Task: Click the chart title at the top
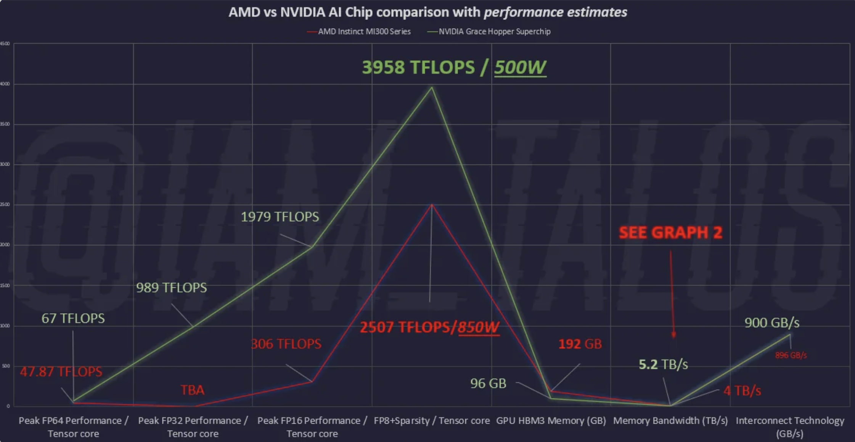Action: (427, 12)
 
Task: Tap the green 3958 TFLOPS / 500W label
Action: (454, 68)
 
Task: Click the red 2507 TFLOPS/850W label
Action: (429, 327)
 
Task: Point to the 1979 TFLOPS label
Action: (280, 217)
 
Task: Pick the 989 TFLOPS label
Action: (171, 287)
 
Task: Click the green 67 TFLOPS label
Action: (73, 318)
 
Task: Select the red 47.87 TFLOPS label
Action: (61, 372)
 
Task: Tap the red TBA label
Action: (192, 390)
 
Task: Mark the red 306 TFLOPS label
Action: (286, 344)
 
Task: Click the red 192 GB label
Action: (580, 344)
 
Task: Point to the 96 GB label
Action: (488, 383)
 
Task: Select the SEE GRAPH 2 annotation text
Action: (670, 232)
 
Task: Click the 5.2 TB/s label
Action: (663, 365)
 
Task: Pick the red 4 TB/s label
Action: (742, 391)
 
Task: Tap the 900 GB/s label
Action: (772, 323)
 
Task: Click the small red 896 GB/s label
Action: (791, 355)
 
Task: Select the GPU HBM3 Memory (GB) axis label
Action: (551, 421)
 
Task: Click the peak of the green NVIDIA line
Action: (432, 88)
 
